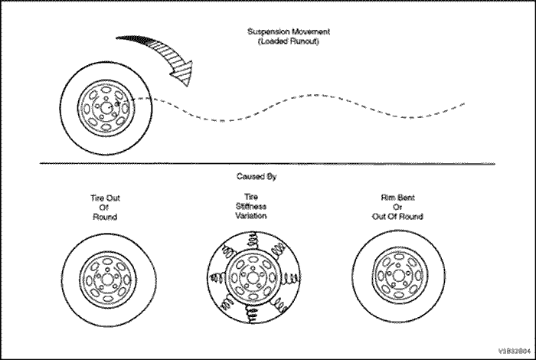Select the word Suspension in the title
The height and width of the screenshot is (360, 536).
click(269, 33)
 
